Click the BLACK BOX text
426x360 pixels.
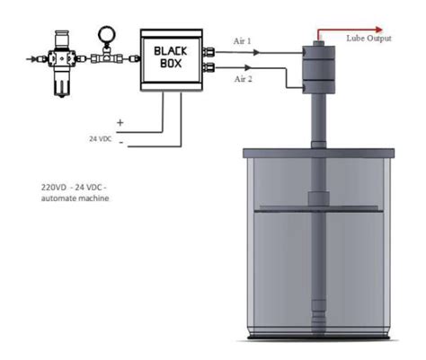[171, 57]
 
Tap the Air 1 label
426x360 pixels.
[242, 41]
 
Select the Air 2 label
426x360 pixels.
[243, 79]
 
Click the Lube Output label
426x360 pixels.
[368, 39]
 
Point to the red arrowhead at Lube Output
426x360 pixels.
[379, 30]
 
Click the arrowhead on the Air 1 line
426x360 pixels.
[256, 52]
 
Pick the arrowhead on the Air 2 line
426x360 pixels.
[248, 67]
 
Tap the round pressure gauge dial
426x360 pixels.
[106, 34]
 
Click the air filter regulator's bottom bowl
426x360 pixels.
[62, 84]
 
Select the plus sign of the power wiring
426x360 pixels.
[120, 122]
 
